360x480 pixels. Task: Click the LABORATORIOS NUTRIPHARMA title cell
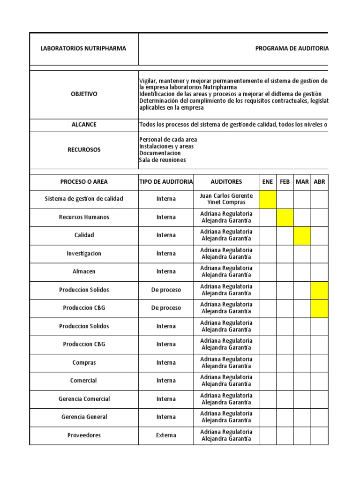(x=83, y=48)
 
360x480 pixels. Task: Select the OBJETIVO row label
(x=84, y=94)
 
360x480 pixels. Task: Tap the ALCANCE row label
(x=84, y=125)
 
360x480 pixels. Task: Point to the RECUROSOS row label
(x=84, y=150)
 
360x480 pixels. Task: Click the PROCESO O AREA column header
(x=84, y=181)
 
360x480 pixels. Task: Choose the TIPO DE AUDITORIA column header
(x=166, y=181)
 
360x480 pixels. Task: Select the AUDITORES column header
(x=226, y=181)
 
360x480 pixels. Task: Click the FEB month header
(x=285, y=181)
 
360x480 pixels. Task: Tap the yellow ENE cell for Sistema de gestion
(x=268, y=199)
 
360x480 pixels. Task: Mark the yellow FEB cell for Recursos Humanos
(x=285, y=217)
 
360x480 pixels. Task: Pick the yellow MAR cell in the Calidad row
(x=302, y=235)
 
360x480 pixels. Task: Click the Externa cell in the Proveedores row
(x=166, y=435)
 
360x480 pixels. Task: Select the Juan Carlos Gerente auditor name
(x=226, y=195)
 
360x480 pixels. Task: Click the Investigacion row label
(x=84, y=253)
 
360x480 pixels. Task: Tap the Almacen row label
(x=84, y=271)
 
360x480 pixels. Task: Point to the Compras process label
(x=84, y=362)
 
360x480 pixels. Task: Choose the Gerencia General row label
(x=84, y=417)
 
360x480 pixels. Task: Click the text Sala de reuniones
(x=162, y=160)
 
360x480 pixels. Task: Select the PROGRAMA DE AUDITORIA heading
(x=292, y=48)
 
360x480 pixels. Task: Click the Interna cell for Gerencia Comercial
(x=166, y=399)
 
